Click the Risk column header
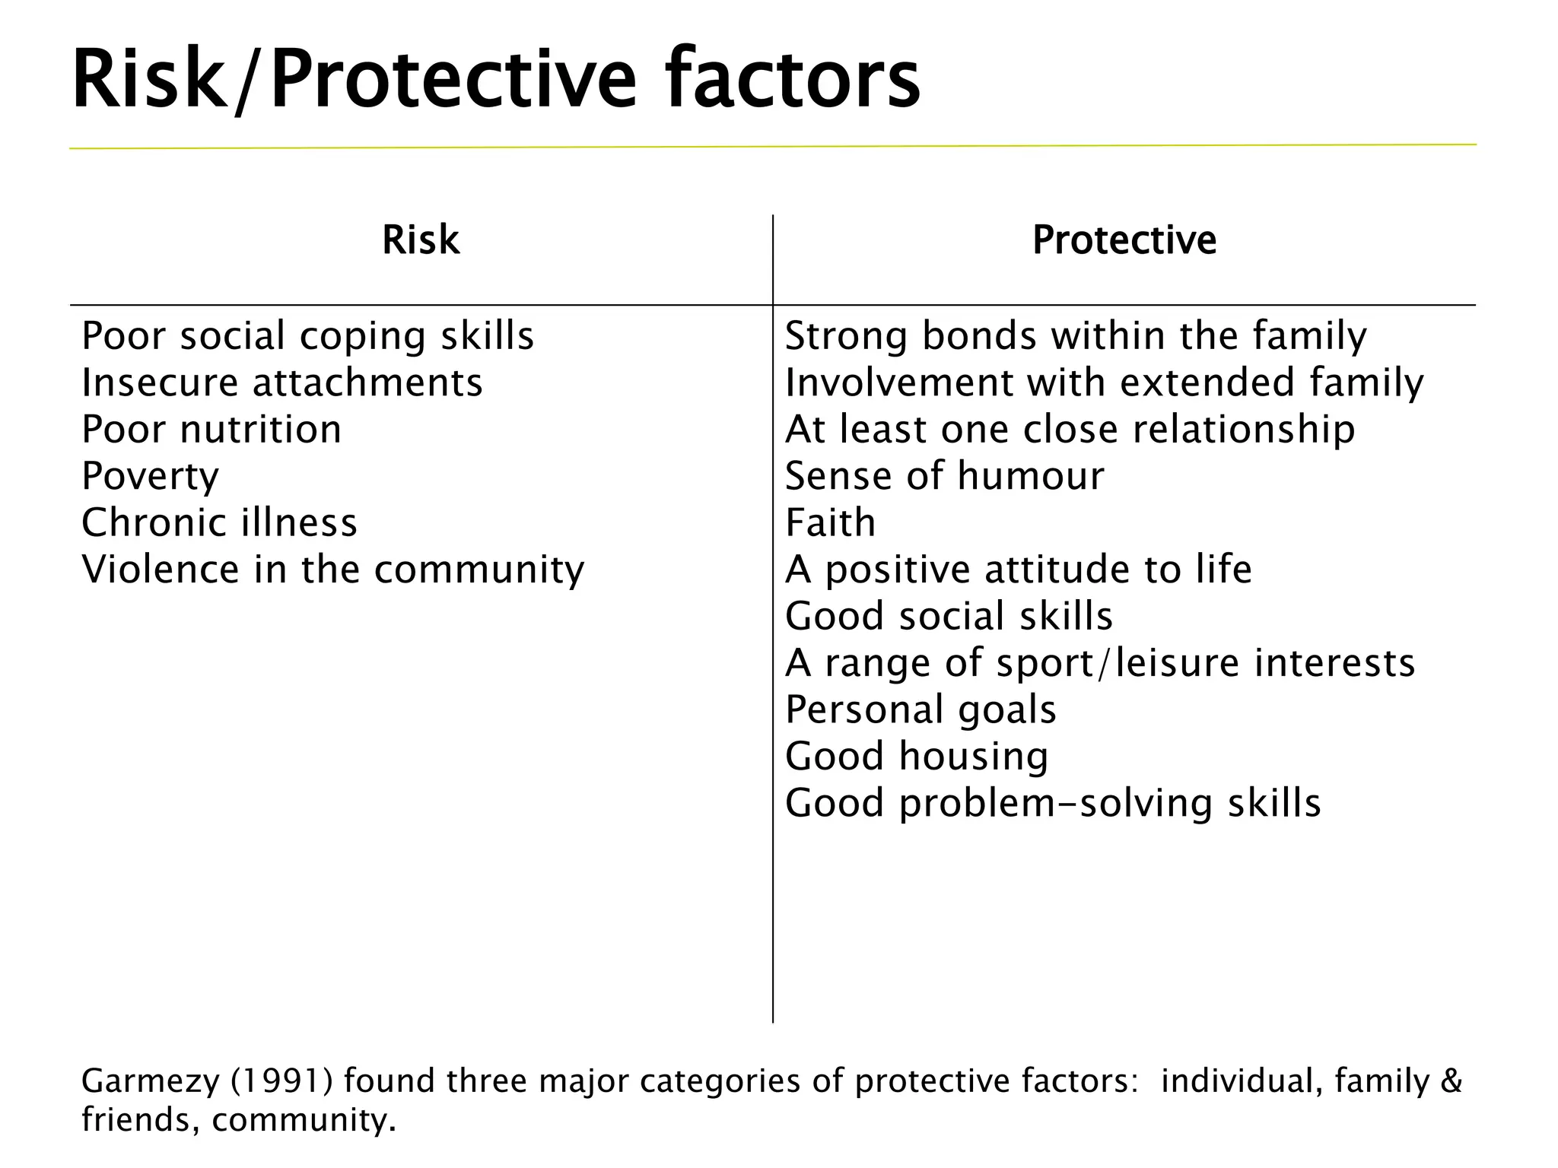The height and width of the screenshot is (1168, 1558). (421, 240)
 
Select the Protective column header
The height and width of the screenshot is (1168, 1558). (1124, 240)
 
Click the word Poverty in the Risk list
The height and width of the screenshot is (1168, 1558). (150, 477)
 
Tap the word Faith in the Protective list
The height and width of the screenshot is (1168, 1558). (830, 523)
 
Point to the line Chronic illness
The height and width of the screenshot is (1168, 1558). (219, 523)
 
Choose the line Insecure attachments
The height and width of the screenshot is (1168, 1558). (281, 382)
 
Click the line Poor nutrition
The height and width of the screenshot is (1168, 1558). (211, 430)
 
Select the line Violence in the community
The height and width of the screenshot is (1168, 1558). (332, 570)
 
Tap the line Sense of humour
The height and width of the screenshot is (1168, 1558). (944, 477)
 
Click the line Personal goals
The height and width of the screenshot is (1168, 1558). (920, 710)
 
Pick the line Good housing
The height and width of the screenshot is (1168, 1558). (917, 757)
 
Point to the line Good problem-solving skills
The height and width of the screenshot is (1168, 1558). (1053, 804)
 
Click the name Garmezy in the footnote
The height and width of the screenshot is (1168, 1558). (150, 1081)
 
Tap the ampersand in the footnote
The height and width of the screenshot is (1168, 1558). (1451, 1081)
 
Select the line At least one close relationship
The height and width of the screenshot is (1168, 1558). (1070, 430)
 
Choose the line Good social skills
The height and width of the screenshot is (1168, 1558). (949, 617)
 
